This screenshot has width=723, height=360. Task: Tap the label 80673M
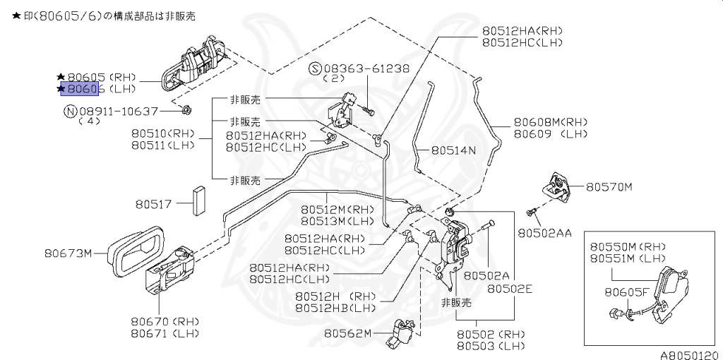(68, 253)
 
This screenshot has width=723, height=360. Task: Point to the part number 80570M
(609, 187)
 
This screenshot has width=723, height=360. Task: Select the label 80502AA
(544, 232)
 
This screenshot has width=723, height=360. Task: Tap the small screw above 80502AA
(533, 212)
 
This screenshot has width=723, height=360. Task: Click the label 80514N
(453, 150)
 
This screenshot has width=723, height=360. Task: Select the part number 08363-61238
(366, 68)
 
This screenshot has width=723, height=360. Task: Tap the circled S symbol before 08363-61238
(315, 68)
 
